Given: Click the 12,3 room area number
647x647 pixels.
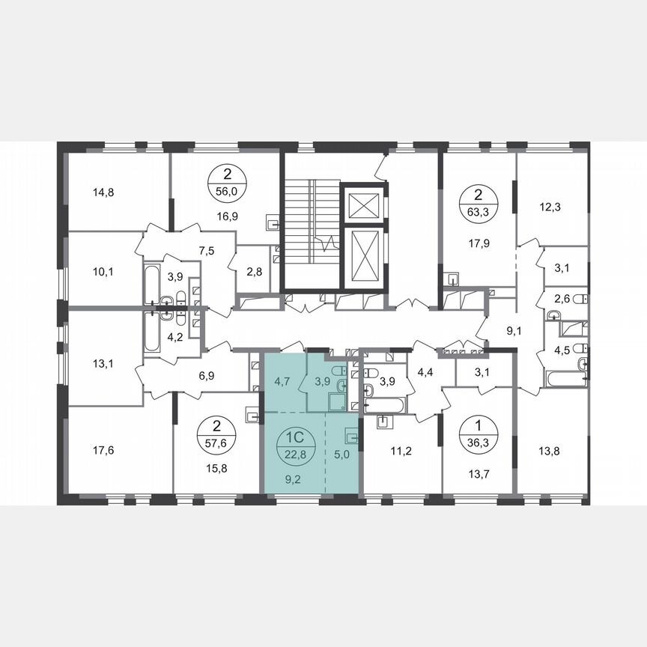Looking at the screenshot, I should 550,204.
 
